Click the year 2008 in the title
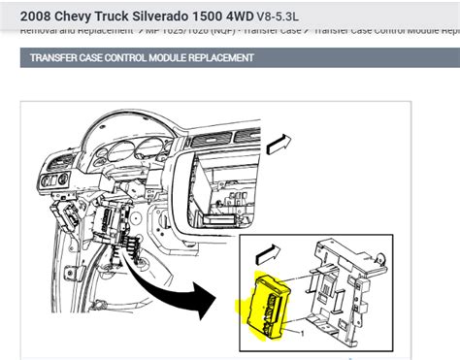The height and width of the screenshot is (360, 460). [26, 16]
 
